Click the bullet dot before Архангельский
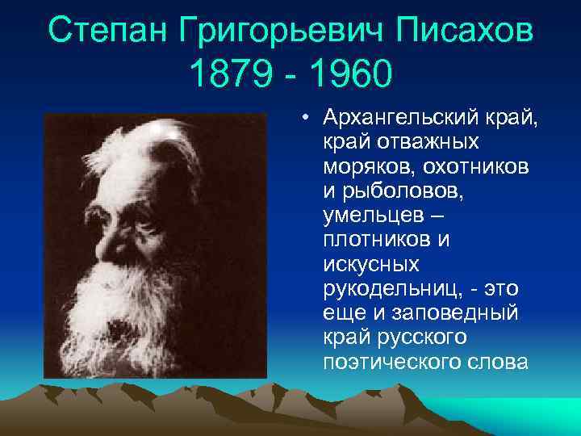pyautogui.click(x=307, y=119)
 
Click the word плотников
pyautogui.click(x=373, y=241)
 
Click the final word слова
pyautogui.click(x=493, y=362)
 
